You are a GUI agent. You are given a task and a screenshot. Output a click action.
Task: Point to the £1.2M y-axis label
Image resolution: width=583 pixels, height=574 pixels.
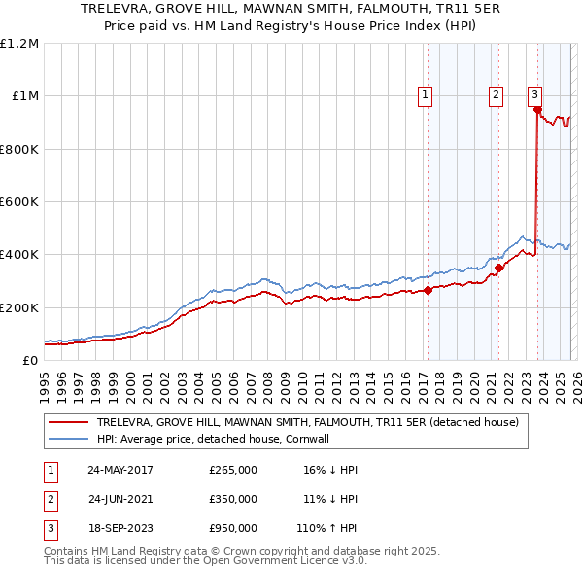pyautogui.click(x=19, y=44)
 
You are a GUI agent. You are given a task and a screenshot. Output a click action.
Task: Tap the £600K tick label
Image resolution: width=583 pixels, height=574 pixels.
pyautogui.click(x=18, y=202)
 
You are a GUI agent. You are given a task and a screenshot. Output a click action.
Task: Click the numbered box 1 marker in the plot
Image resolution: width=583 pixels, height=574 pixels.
pyautogui.click(x=426, y=95)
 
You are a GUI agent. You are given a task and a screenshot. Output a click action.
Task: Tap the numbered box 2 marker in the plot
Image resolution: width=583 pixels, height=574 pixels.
pyautogui.click(x=496, y=95)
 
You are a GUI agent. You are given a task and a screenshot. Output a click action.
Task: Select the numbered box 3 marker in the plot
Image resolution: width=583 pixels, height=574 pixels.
pyautogui.click(x=534, y=95)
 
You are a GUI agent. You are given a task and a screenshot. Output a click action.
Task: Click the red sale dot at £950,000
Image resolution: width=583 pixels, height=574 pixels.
pyautogui.click(x=537, y=110)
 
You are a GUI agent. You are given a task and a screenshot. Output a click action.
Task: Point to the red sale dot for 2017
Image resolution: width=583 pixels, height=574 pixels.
pyautogui.click(x=428, y=290)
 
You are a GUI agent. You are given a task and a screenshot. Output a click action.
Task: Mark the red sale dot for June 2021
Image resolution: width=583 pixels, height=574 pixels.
pyautogui.click(x=498, y=268)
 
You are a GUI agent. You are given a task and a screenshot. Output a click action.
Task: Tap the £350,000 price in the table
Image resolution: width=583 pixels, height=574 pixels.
pyautogui.click(x=233, y=498)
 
